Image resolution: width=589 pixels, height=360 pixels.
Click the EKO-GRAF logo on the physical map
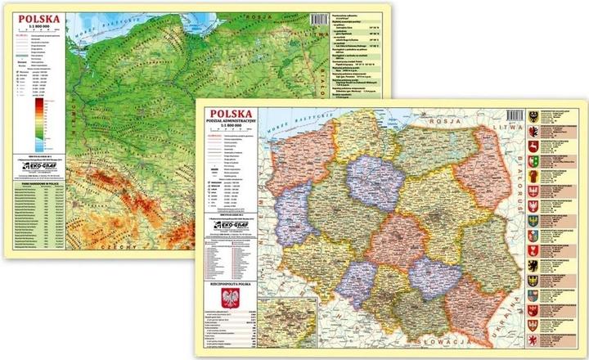tap(38, 169)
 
